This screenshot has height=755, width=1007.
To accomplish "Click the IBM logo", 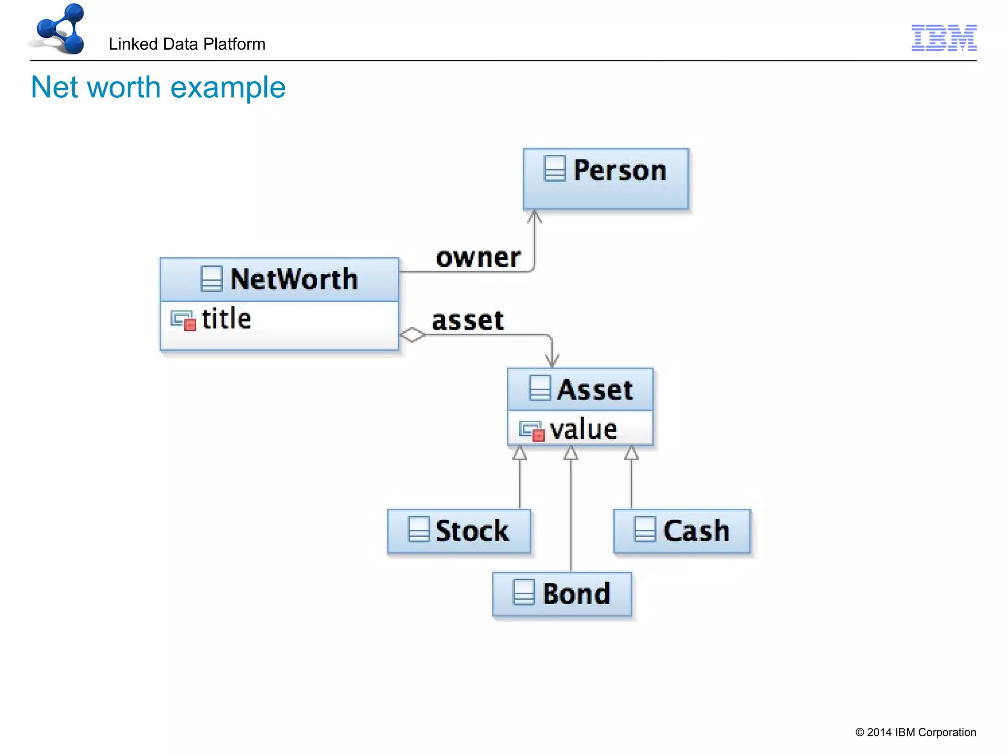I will pos(944,38).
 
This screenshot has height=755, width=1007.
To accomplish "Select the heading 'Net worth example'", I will pos(158,87).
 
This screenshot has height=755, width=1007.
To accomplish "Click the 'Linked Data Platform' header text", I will pos(187,44).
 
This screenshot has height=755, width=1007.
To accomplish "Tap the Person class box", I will pos(605,179).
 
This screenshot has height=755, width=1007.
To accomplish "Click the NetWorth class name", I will pos(294,279).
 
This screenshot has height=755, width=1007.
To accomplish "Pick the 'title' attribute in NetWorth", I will pos(226,319).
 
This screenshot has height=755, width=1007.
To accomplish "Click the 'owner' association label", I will pos(478,258).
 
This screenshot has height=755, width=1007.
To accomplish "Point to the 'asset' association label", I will pos(468,320).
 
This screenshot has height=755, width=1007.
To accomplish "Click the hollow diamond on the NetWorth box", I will pos(412,335).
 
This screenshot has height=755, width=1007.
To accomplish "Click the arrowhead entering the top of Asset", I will pos(552,361).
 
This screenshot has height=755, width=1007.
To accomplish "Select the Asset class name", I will pos(594,390).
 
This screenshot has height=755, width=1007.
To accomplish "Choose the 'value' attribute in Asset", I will pos(583,430).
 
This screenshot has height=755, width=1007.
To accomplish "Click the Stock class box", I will pos(459,531).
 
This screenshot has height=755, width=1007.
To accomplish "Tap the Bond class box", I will pos(562,594).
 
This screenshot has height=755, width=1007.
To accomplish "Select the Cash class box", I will pos(682,531).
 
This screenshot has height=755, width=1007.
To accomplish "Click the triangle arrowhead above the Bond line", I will pos(570,453).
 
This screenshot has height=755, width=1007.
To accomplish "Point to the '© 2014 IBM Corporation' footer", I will pos(916,732).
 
